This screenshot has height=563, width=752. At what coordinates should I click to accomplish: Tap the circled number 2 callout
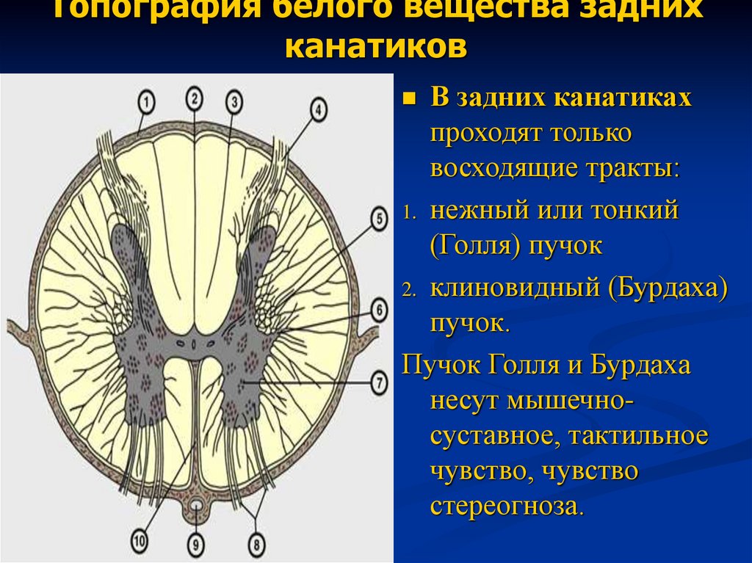tap(194, 96)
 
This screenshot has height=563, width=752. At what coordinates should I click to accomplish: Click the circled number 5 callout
tap(379, 218)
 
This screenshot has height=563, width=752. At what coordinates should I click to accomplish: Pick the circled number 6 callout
tap(379, 310)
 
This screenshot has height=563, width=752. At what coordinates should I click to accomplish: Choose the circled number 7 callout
tap(379, 382)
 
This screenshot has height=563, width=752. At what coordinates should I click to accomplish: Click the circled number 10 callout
tap(140, 541)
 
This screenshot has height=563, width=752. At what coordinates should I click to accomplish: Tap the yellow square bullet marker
tap(410, 98)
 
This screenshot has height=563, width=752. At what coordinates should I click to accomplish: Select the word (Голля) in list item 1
tap(475, 246)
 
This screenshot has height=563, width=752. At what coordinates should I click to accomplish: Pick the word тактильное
tap(637, 435)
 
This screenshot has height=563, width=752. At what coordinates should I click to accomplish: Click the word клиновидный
tap(514, 287)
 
